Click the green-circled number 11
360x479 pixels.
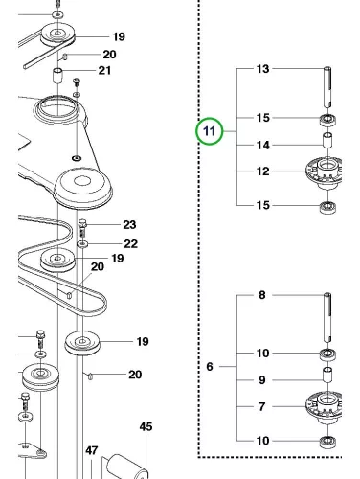[x=210, y=131]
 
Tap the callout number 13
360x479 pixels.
[x=263, y=69]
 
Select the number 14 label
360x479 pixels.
[x=263, y=146]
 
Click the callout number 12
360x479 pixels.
[x=263, y=171]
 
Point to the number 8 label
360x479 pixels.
[x=262, y=295]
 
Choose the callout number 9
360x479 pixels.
[x=262, y=380]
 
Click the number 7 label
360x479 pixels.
[x=262, y=406]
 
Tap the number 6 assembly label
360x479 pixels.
[x=210, y=367]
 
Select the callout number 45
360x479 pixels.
[x=146, y=426]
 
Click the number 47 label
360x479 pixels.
[x=92, y=450]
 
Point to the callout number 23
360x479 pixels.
[x=129, y=225]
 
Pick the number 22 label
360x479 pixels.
[x=131, y=244]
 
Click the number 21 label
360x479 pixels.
[x=104, y=70]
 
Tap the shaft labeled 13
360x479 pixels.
[x=327, y=87]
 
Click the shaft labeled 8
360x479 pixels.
[x=327, y=318]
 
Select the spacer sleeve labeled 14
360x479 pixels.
[x=327, y=141]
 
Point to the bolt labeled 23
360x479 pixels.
[x=82, y=228]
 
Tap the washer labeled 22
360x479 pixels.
[x=82, y=244]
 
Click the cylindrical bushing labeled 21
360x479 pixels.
[x=57, y=76]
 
